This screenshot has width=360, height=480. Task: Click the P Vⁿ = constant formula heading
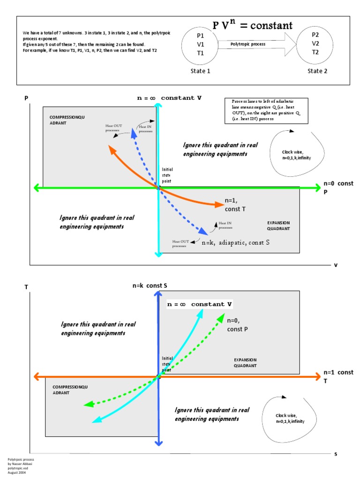[x=253, y=25]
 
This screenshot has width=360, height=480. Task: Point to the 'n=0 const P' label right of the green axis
[x=338, y=187]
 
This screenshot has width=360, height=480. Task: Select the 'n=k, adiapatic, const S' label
[x=235, y=243]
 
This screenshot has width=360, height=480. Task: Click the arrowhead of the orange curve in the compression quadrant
[x=111, y=149]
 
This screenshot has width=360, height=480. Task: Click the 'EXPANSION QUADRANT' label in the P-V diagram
[x=278, y=225]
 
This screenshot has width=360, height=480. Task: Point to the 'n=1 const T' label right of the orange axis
[x=338, y=376]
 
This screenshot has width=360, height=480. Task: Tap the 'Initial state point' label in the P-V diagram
[x=167, y=175]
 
